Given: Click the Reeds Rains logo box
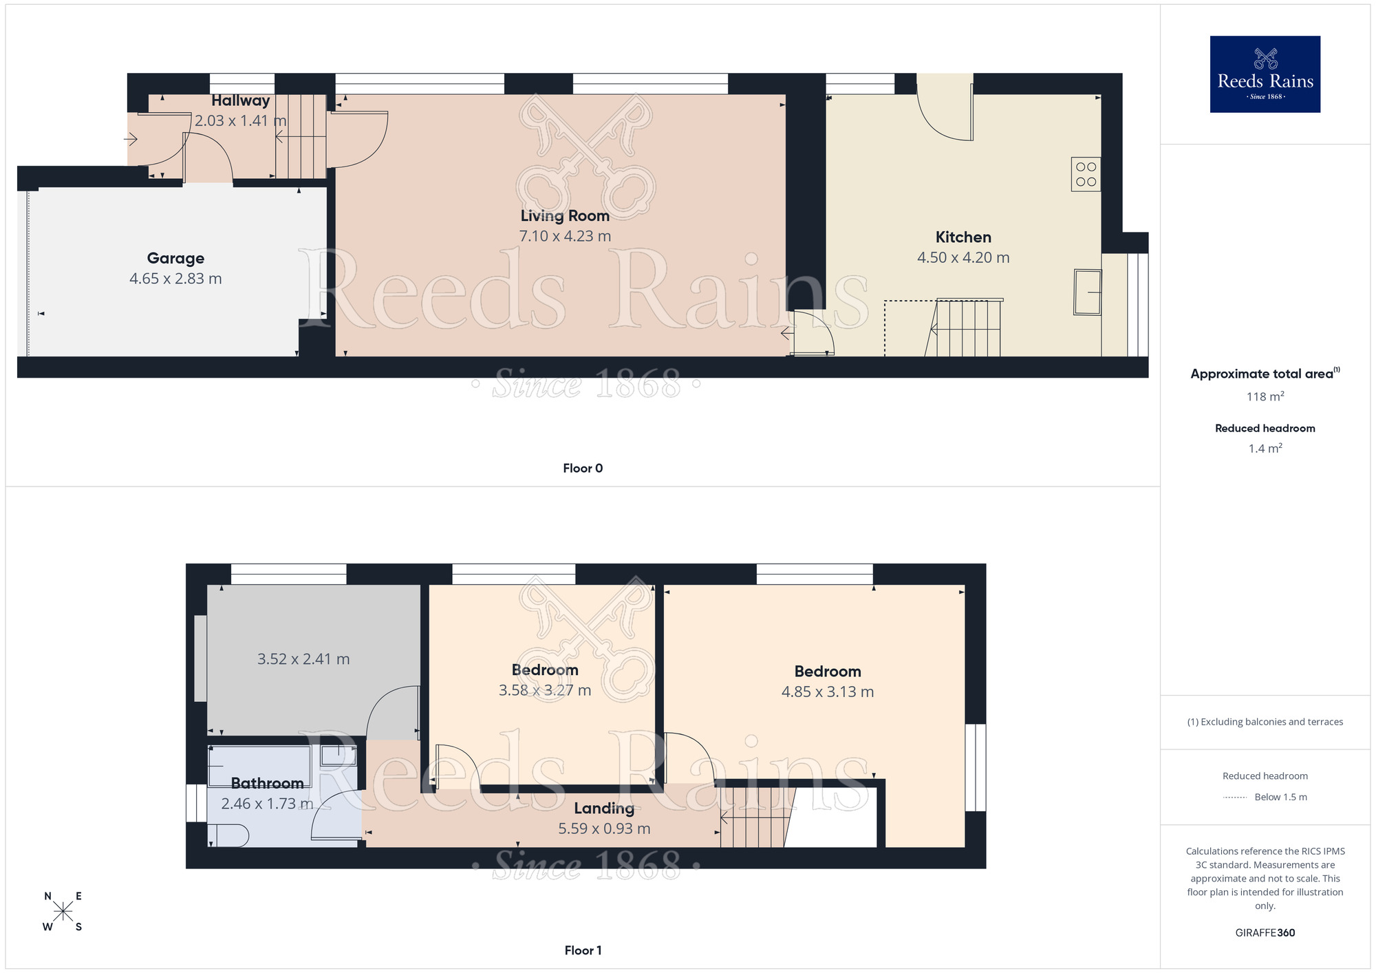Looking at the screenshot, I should [x=1265, y=74].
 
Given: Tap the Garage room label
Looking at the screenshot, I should [x=175, y=259].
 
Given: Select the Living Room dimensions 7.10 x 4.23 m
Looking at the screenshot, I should [x=565, y=236].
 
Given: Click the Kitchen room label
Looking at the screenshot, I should [x=963, y=237].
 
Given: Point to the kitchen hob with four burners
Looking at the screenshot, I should [x=1086, y=174].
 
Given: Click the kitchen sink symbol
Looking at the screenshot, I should [x=1087, y=292].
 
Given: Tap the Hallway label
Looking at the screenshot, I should [x=240, y=100].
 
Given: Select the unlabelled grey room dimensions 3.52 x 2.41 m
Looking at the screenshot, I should [x=303, y=659].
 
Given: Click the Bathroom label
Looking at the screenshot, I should [x=267, y=783].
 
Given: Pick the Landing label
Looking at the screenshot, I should [x=604, y=809].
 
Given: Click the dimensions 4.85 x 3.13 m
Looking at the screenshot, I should [x=827, y=692].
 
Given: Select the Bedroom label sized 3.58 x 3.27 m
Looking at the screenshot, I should [x=545, y=670].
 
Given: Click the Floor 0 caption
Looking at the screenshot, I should [x=583, y=469].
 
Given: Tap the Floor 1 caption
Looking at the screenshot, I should [x=583, y=950].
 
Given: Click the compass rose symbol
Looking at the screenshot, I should [x=63, y=912].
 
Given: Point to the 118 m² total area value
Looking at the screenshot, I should [x=1265, y=397].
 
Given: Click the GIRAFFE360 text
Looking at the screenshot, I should [x=1265, y=933].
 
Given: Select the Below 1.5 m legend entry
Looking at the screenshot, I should [x=1280, y=798].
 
